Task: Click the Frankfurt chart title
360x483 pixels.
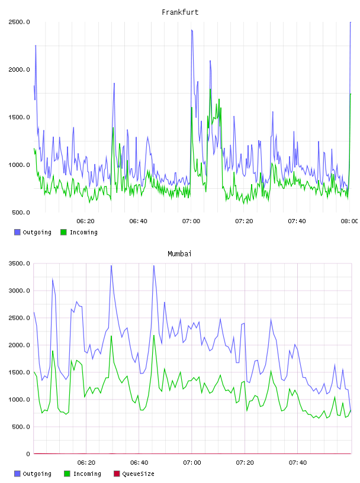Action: pyautogui.click(x=180, y=12)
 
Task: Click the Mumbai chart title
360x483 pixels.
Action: pyautogui.click(x=179, y=254)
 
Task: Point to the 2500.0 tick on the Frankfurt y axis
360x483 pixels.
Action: pyautogui.click(x=19, y=22)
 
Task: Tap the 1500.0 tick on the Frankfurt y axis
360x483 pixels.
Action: pyautogui.click(x=19, y=117)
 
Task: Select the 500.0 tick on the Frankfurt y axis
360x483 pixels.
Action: pyautogui.click(x=21, y=212)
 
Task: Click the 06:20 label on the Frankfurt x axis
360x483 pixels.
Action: pyautogui.click(x=85, y=221)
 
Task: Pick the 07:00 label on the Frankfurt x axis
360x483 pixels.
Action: pyautogui.click(x=191, y=221)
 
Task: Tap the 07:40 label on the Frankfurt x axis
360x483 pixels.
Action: pyautogui.click(x=297, y=221)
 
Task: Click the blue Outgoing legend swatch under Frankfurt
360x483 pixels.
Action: pyautogui.click(x=17, y=232)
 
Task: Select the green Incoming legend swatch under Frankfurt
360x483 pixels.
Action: pyautogui.click(x=63, y=232)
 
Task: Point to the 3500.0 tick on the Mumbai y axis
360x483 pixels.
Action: pyautogui.click(x=19, y=263)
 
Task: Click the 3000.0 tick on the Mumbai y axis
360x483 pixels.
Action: pyautogui.click(x=19, y=291)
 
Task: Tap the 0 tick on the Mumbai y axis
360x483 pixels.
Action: pyautogui.click(x=28, y=454)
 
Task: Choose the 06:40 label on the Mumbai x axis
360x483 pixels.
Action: pyautogui.click(x=139, y=463)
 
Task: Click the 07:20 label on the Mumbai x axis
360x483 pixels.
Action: pyautogui.click(x=245, y=463)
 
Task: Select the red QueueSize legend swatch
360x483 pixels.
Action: pyautogui.click(x=117, y=474)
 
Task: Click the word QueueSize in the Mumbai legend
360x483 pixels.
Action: pyautogui.click(x=138, y=474)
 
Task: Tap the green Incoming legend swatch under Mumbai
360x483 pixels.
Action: pyautogui.click(x=67, y=474)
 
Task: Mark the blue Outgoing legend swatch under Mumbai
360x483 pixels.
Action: pyautogui.click(x=17, y=474)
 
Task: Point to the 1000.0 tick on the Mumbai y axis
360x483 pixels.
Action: pyautogui.click(x=19, y=400)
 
